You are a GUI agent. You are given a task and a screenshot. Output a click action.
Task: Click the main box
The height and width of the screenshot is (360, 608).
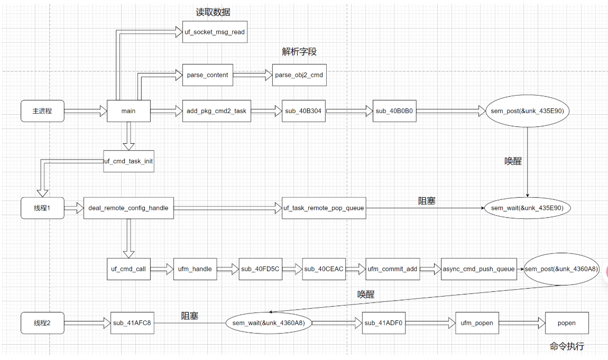pos(128,111)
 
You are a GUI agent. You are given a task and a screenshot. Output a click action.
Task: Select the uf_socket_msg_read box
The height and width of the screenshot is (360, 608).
pos(215,32)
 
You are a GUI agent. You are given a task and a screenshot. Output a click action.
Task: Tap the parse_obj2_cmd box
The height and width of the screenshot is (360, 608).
pos(299,75)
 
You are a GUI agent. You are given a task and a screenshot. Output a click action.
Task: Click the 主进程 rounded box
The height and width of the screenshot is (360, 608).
pos(42,111)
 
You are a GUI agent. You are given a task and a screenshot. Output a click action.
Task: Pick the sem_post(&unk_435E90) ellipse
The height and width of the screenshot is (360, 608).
pos(528,111)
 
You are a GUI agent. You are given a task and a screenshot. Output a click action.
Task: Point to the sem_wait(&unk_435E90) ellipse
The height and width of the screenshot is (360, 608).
pos(528,208)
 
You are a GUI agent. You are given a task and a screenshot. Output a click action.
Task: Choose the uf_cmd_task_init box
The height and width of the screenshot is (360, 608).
pos(128,161)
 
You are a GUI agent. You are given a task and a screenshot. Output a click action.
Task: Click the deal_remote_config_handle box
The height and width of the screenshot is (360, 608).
pos(129,208)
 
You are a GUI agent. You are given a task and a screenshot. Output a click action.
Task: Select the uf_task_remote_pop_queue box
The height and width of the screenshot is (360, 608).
pos(324,208)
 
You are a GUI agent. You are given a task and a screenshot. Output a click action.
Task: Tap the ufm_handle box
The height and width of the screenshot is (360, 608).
pos(195,269)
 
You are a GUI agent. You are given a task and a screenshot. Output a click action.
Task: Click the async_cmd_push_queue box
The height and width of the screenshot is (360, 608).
pos(479,269)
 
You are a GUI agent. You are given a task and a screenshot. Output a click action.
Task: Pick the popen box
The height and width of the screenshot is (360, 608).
pos(567,323)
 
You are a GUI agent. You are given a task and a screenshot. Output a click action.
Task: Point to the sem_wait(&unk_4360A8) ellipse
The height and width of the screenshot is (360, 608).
pos(269,323)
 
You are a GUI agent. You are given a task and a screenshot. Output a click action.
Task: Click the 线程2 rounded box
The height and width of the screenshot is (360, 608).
pos(42,323)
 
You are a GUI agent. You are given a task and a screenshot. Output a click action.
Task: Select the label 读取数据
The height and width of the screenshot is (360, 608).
pos(213,12)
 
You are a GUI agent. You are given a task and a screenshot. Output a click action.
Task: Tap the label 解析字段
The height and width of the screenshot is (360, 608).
pos(299,52)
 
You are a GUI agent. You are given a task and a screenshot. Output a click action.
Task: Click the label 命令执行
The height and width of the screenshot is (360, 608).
pos(567,347)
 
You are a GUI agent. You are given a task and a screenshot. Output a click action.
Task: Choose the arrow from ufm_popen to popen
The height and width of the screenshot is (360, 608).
pos(522,323)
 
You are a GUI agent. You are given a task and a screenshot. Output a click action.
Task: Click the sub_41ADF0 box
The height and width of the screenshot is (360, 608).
pos(384,323)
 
